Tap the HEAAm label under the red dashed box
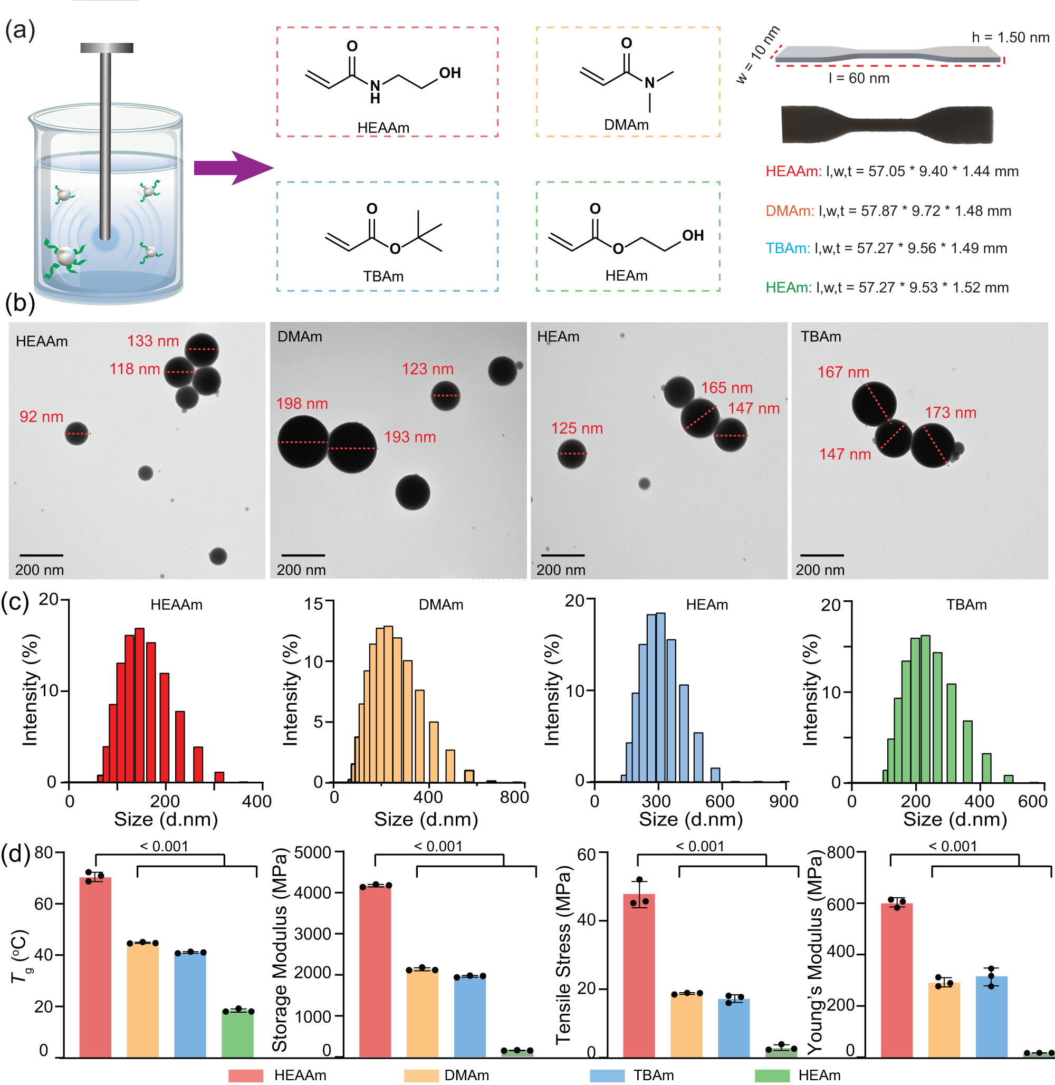click(x=383, y=128)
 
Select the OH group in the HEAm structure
click(x=693, y=235)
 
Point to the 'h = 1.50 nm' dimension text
click(x=1010, y=37)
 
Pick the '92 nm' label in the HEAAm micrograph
click(x=42, y=417)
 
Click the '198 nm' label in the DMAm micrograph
click(x=302, y=404)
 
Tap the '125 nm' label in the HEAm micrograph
click(x=576, y=428)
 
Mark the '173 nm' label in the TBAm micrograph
click(x=950, y=412)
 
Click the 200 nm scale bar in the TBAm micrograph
click(x=822, y=555)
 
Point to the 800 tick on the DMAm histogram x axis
click(x=514, y=798)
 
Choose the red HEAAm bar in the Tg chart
click(x=95, y=967)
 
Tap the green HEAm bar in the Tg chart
click(x=238, y=1033)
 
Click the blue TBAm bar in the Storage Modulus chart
click(x=469, y=1016)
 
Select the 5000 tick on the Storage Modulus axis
click(x=312, y=852)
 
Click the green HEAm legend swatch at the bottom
click(x=771, y=1076)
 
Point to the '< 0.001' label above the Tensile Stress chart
click(x=700, y=846)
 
